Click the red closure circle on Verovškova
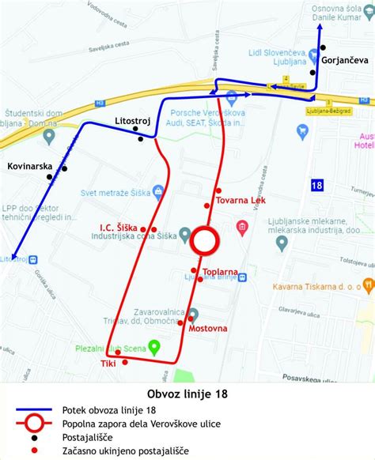point(205,241)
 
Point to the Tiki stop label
point(108,363)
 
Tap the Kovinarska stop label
point(28,168)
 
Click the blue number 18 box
point(317,185)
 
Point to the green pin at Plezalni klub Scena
point(155,345)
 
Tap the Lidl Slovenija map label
point(278,56)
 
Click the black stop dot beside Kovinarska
point(65,168)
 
